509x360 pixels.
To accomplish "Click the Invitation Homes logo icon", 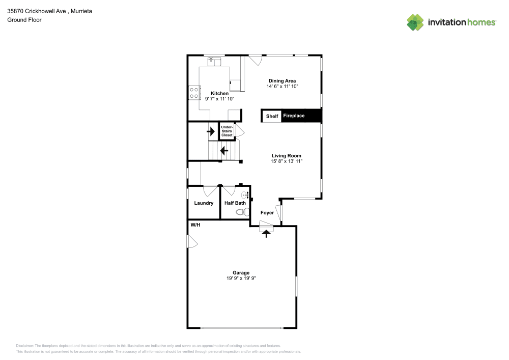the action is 415,22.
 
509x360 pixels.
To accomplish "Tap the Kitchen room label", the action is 219,93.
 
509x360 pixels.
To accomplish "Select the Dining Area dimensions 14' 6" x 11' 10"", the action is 282,87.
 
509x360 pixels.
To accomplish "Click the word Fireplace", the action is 294,116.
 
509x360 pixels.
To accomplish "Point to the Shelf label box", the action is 272,116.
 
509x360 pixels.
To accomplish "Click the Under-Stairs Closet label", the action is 227,131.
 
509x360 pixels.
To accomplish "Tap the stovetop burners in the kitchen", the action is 194,93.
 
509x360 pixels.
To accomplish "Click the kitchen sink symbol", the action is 214,61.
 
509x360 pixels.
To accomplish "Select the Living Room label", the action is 286,155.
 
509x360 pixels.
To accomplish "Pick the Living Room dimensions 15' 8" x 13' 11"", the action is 286,161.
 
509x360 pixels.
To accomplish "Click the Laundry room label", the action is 204,203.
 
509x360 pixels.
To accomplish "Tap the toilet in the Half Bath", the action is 242,212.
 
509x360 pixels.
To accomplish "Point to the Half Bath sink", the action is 245,195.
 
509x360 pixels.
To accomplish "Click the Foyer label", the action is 267,213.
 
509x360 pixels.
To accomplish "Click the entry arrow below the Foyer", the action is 267,234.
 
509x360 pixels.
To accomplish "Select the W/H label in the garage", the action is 195,225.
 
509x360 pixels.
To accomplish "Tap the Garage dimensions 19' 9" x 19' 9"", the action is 241,278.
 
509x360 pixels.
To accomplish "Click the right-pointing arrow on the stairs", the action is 211,131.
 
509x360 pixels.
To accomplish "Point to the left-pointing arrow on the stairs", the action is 224,151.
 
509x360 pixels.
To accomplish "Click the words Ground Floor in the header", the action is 24,20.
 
